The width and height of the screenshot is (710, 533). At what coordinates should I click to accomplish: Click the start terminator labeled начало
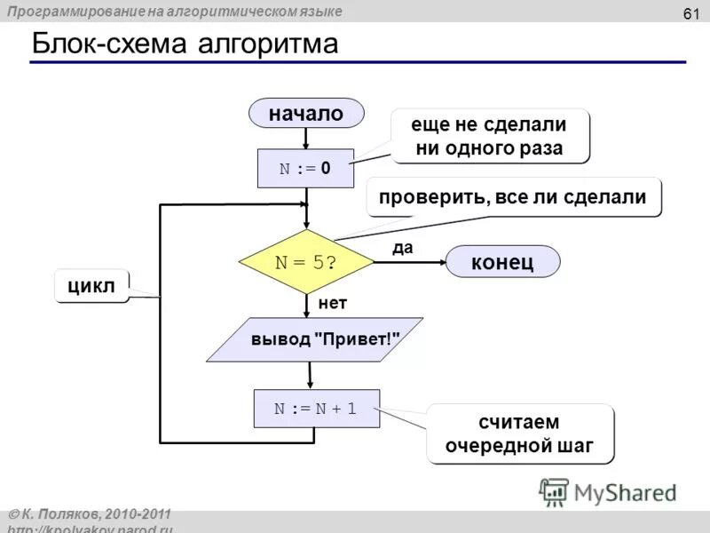click(x=306, y=113)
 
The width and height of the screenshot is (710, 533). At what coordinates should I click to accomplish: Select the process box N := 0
click(x=305, y=168)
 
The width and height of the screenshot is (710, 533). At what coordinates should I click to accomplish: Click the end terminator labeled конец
click(x=502, y=262)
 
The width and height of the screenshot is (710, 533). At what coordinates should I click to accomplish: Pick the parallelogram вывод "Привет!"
click(x=314, y=339)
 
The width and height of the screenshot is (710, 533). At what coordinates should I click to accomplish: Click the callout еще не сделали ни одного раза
click(x=489, y=136)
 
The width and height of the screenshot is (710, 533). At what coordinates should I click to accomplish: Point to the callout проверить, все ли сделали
click(x=513, y=197)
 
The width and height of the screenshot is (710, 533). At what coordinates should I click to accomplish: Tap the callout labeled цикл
click(x=91, y=286)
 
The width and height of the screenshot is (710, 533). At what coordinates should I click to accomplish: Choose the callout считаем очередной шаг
click(x=521, y=434)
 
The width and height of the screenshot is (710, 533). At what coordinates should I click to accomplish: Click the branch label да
click(x=403, y=249)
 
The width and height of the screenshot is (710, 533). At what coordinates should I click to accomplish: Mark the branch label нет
click(x=333, y=303)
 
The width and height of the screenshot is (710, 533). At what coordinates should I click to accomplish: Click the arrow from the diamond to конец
click(x=408, y=262)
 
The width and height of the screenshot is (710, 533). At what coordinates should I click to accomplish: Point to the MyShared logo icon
click(x=554, y=491)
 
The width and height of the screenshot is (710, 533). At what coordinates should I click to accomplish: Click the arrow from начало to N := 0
click(x=306, y=138)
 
